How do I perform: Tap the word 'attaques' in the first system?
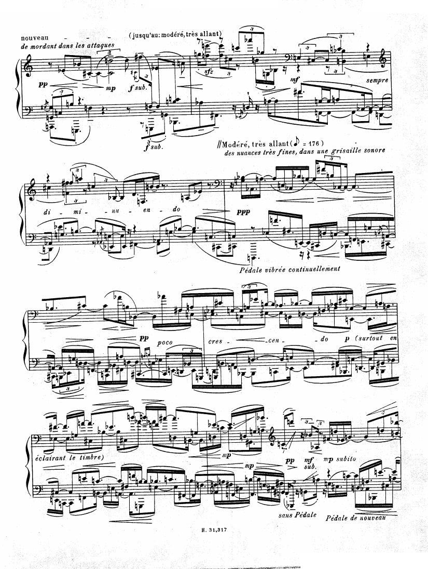click(102, 46)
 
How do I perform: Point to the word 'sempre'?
click(377, 80)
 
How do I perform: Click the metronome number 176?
click(313, 142)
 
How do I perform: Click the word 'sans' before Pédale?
click(285, 515)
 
